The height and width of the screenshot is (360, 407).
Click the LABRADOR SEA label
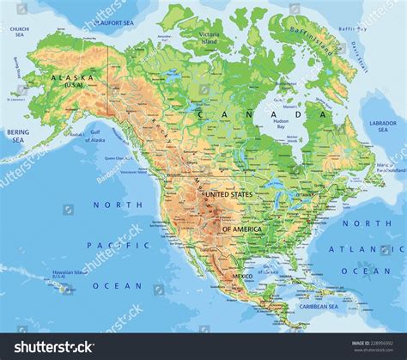point(383,125)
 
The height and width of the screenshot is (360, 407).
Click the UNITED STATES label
point(228,195)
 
